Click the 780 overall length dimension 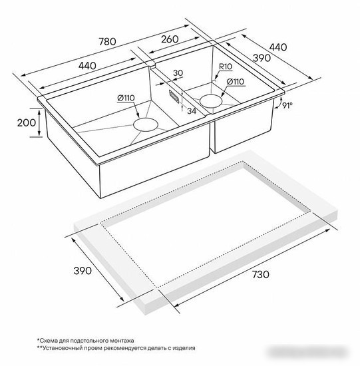pos(107,42)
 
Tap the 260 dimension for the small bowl pos(170,39)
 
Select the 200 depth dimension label pos(27,123)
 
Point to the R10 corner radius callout pos(226,67)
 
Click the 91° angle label pos(287,106)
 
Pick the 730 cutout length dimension pos(261,274)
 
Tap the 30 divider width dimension pos(178,73)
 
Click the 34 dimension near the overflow pos(192,111)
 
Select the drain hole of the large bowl pos(146,124)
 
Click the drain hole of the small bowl pos(211,101)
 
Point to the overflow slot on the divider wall pos(174,96)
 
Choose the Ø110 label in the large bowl pos(126,98)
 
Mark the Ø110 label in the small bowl pos(236,82)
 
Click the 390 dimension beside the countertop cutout pos(83,271)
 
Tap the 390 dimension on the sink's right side pos(262,58)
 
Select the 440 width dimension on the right pos(278,47)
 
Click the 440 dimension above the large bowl pos(87,66)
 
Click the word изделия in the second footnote pos(184,349)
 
